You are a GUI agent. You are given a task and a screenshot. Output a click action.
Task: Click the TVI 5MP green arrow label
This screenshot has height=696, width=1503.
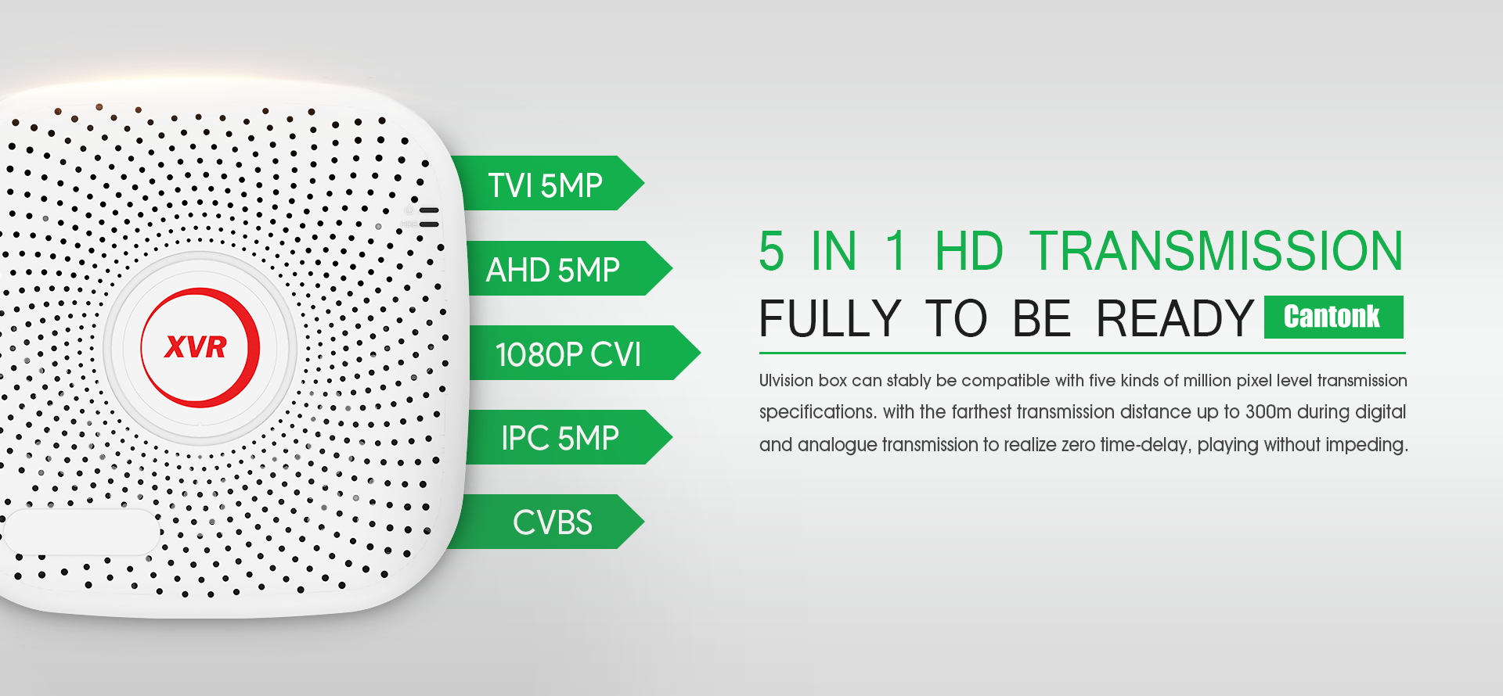point(548,184)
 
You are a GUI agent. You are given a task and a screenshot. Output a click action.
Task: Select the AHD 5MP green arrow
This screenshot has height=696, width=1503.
point(564,268)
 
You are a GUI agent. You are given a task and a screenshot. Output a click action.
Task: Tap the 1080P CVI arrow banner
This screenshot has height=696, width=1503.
point(579,353)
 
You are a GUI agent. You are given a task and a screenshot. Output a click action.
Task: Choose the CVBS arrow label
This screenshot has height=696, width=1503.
point(548,522)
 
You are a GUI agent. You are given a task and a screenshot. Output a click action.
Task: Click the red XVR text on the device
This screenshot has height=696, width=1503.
point(195,346)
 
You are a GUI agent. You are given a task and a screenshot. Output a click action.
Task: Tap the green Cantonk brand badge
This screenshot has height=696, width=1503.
point(1333,317)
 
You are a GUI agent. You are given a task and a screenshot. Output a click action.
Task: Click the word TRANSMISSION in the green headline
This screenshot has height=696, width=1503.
point(1216,251)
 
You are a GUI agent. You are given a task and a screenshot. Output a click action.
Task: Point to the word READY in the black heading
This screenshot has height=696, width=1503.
point(1174,318)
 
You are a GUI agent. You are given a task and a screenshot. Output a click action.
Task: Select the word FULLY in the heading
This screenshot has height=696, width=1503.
point(831,318)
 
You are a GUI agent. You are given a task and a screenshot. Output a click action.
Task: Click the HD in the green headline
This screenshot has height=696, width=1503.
point(968,251)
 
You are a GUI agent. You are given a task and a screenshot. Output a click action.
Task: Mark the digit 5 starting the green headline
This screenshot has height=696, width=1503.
point(771,251)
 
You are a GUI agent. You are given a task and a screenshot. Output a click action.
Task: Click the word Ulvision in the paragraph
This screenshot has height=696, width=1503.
point(786,381)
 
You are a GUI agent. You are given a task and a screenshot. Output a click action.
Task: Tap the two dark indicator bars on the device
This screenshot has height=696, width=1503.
point(429,217)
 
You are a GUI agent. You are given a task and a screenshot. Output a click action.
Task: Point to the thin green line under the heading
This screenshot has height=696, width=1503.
point(1082,353)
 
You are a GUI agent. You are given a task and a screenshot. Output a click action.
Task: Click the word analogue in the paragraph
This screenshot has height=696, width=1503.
point(838,445)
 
